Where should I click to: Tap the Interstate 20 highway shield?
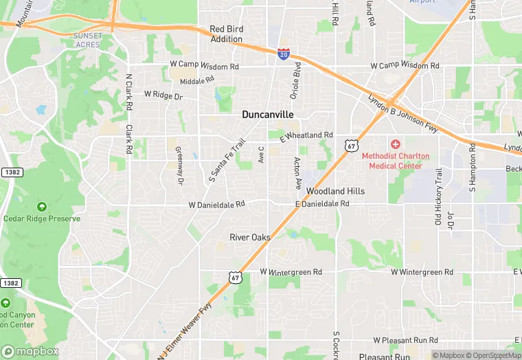tap(284, 54)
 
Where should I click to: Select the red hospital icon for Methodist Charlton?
tap(395, 144)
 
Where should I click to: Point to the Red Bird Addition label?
tap(226, 34)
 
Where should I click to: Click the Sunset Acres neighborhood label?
tap(87, 39)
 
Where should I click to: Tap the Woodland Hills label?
tap(335, 191)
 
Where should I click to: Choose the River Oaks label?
tap(250, 238)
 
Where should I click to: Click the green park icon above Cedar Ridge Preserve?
tap(42, 207)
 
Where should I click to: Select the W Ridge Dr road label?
tap(163, 96)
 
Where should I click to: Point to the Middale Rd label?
tap(197, 82)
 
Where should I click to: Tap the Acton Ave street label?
tap(297, 173)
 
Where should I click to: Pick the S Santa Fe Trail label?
tap(227, 161)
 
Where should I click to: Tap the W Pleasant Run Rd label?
tap(405, 340)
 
